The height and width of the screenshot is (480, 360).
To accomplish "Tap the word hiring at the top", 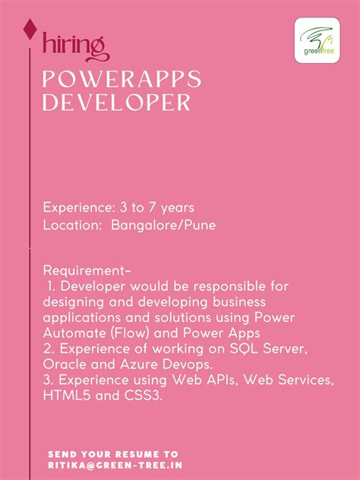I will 74,46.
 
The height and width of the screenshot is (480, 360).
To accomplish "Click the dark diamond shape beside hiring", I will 30,30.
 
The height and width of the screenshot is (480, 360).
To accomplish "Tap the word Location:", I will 73,226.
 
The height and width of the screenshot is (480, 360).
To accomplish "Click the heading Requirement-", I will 87,271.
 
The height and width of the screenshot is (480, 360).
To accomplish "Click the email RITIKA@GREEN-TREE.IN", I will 115,463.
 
